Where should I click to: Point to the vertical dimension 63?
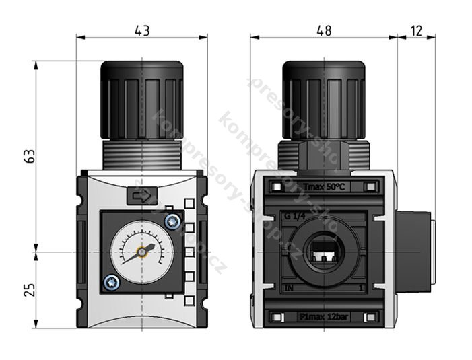(29, 156)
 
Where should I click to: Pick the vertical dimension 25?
(29, 290)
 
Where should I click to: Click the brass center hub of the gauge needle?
(143, 251)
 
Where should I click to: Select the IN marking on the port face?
(290, 288)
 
